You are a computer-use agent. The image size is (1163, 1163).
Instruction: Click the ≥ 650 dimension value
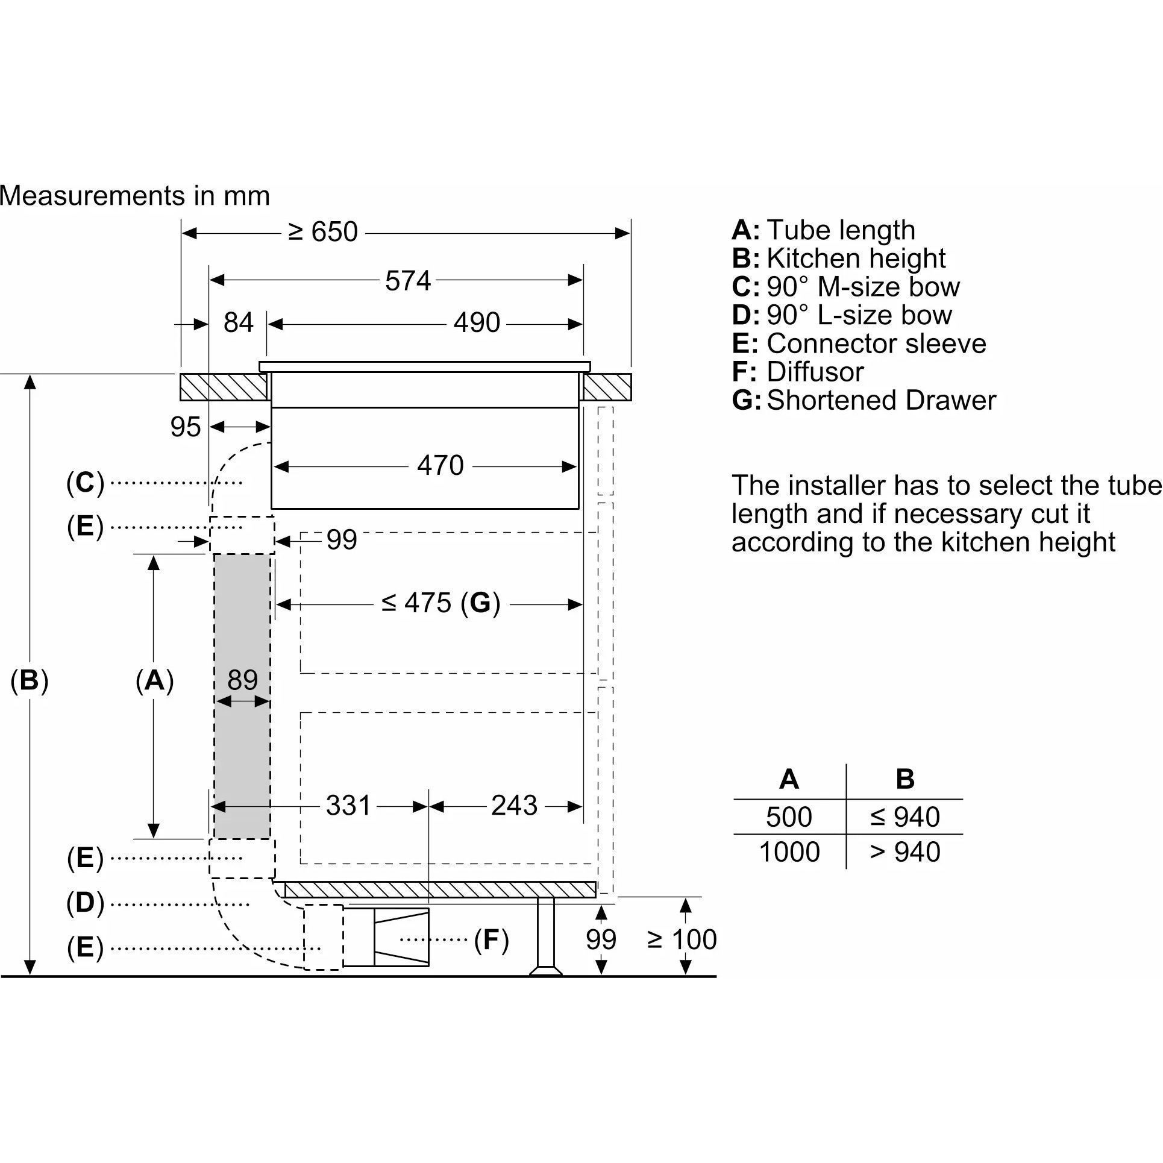(323, 232)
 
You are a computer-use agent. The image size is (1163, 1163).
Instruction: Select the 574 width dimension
(408, 281)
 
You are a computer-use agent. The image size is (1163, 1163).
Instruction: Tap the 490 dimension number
(477, 323)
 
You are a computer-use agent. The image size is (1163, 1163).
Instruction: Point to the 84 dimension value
(238, 323)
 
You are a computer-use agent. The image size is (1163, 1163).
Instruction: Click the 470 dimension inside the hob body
(440, 466)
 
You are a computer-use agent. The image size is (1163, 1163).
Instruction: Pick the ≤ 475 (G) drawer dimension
(440, 603)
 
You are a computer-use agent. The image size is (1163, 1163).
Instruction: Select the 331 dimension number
(348, 806)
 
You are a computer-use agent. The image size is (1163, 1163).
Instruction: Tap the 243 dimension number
(513, 806)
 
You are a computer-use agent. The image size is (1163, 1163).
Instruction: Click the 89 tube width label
(242, 680)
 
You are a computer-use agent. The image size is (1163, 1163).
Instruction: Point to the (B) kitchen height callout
(30, 680)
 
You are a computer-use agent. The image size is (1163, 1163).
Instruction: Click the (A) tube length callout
(154, 680)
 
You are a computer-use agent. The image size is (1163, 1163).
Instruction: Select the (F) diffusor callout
(491, 940)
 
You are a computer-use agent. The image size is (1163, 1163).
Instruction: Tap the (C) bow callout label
(85, 483)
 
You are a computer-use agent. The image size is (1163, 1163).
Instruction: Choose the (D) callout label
(85, 903)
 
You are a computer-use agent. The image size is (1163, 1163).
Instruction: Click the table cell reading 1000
(789, 852)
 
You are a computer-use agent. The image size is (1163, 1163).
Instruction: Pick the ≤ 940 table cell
(904, 817)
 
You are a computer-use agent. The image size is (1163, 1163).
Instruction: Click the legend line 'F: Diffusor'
(798, 372)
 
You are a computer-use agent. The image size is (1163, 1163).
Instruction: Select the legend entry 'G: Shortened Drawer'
(864, 400)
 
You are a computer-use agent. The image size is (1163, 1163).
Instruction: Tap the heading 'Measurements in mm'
(134, 196)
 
